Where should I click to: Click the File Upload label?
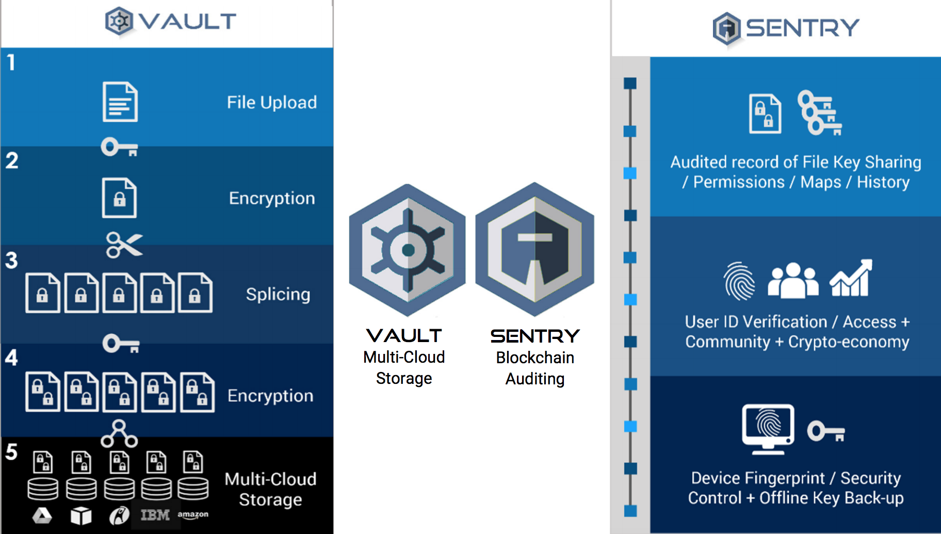point(272,102)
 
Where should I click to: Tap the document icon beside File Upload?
point(120,102)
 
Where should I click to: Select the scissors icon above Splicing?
point(124,245)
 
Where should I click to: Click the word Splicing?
point(278,294)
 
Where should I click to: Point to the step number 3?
point(11,261)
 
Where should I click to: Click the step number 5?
point(11,452)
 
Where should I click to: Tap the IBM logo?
point(155,515)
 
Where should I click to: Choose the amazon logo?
point(193,515)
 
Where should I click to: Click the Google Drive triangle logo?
point(42,515)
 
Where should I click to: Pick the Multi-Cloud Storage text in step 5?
point(270,489)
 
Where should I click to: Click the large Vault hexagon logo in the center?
point(407,250)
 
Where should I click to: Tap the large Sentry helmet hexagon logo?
point(534,249)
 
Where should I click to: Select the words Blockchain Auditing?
point(535,368)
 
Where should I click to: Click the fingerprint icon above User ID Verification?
point(739,281)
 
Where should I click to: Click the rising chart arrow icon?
point(851,279)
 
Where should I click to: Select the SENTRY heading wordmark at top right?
point(802,28)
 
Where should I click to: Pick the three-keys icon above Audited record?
point(819,113)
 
